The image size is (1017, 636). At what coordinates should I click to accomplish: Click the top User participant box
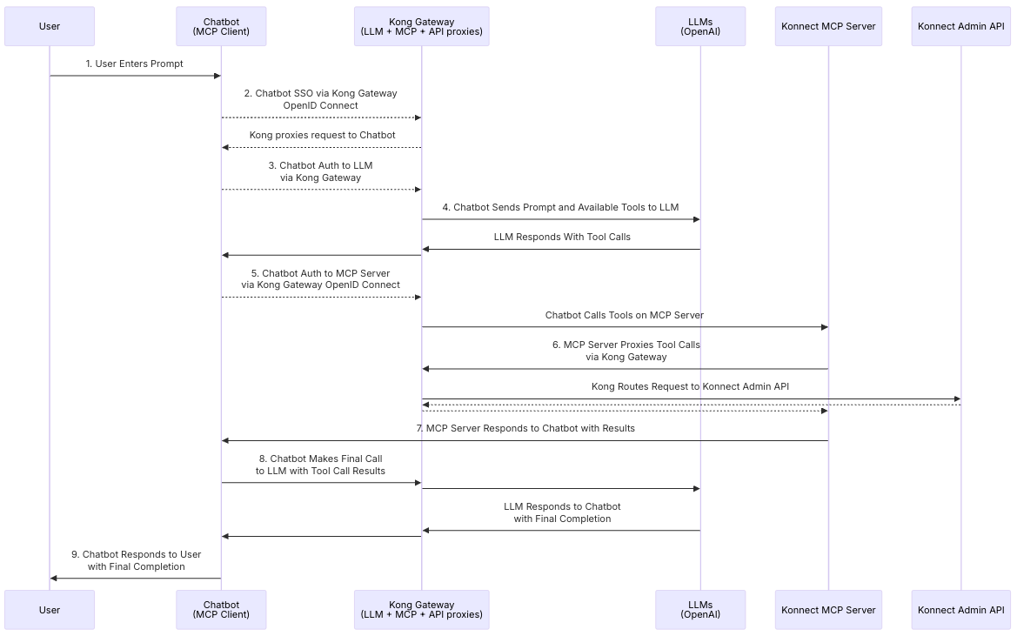click(50, 27)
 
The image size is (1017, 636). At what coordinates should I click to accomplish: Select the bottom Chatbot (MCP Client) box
click(221, 609)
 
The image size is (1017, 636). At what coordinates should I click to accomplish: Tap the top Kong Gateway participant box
click(422, 27)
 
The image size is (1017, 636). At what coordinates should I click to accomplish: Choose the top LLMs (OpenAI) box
click(700, 27)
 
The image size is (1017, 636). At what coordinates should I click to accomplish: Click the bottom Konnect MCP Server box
click(828, 609)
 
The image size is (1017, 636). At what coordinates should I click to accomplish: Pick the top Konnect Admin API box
click(961, 27)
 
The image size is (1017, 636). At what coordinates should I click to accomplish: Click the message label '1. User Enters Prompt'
click(134, 64)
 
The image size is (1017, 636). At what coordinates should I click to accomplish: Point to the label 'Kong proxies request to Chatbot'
click(323, 135)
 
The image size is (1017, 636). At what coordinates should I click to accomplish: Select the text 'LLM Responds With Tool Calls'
click(562, 237)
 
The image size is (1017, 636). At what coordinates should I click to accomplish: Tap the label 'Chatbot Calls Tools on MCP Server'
click(625, 315)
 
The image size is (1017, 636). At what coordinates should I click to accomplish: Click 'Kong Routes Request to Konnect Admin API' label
click(690, 386)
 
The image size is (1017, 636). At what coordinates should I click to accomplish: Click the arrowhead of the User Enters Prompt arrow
click(217, 76)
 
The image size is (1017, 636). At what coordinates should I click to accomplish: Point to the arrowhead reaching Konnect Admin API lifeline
click(957, 398)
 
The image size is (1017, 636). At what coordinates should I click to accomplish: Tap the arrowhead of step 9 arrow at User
click(54, 578)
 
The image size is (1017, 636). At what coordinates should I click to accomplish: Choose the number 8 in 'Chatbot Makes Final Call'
click(263, 459)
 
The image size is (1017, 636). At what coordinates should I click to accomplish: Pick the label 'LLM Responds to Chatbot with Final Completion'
click(562, 512)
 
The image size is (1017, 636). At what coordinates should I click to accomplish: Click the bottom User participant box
click(50, 609)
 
